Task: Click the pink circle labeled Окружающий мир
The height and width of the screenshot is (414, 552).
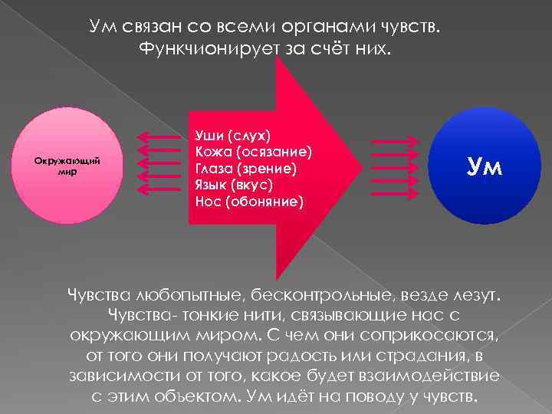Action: point(68,166)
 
